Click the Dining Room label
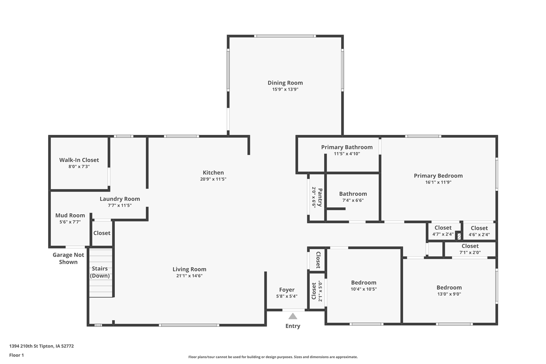click(x=285, y=83)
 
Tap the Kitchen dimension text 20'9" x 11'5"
click(x=213, y=179)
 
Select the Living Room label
click(x=189, y=269)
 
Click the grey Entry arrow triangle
click(x=293, y=316)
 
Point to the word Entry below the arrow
click(x=293, y=326)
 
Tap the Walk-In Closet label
click(x=79, y=160)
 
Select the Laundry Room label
click(x=120, y=199)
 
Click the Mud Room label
click(x=70, y=215)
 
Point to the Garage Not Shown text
click(x=68, y=258)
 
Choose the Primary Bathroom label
click(x=347, y=147)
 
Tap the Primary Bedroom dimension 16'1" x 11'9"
click(x=438, y=182)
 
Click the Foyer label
click(x=287, y=290)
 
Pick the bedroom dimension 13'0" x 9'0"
click(x=449, y=294)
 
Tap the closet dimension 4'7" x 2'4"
click(x=443, y=234)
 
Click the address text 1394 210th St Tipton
click(x=41, y=346)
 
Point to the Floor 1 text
click(x=17, y=355)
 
